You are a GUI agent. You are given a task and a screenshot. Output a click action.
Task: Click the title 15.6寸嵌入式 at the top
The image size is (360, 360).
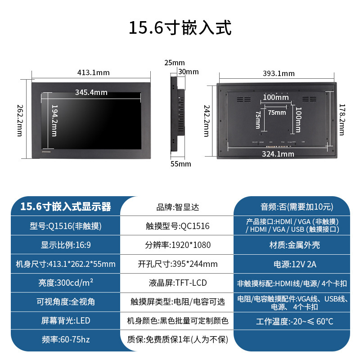[180, 28]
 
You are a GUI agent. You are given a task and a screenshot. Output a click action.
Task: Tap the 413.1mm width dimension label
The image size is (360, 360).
[93, 72]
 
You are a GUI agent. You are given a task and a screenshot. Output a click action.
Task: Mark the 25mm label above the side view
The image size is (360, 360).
[174, 62]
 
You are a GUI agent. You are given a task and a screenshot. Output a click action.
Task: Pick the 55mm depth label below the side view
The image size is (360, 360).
[181, 164]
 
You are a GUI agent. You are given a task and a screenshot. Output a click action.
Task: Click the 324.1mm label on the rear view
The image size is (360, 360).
[278, 154]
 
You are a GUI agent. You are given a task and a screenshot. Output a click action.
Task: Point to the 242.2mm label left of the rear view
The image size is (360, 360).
[207, 121]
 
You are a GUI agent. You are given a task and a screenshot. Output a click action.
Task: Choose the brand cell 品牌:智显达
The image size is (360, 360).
[177, 207]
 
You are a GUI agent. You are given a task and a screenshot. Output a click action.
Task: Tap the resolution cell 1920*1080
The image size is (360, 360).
[177, 245]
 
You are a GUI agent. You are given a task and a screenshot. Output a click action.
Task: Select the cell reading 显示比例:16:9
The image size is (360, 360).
[66, 245]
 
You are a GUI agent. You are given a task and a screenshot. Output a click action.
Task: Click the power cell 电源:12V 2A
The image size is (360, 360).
[292, 264]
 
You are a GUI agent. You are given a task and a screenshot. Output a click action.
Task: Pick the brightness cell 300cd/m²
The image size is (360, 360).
[66, 283]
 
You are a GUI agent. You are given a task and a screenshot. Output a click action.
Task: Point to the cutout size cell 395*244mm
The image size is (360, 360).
[177, 264]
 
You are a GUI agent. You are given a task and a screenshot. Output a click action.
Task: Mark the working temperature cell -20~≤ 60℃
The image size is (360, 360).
[292, 321]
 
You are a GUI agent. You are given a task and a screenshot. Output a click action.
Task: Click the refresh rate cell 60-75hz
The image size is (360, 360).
[66, 340]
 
